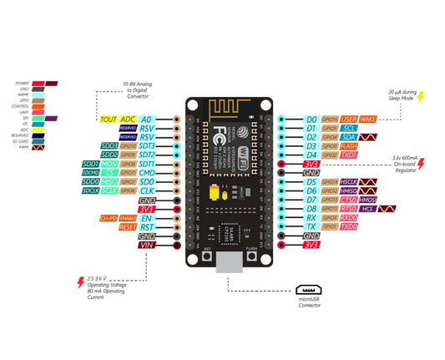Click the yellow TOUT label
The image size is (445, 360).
point(109,119)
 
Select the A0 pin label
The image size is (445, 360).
point(147,119)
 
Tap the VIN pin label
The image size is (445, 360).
point(147,246)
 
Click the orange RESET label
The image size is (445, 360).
point(128,226)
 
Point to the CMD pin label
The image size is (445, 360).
point(147,173)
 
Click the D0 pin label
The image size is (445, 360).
point(311,119)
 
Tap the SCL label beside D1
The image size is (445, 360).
point(350,129)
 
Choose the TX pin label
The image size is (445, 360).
point(311,226)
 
